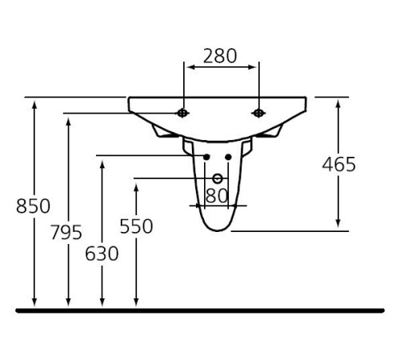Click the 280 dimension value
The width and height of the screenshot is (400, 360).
[x=220, y=56]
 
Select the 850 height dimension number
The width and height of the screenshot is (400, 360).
[x=33, y=206]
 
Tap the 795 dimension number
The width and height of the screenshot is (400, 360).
[x=66, y=233]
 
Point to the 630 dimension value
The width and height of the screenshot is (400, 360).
[x=102, y=254]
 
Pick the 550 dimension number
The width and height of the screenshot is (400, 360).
[x=136, y=226]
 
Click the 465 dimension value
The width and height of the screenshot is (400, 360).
[x=338, y=165]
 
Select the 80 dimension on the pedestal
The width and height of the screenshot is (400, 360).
[x=217, y=194]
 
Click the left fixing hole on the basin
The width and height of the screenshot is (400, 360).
[x=184, y=113]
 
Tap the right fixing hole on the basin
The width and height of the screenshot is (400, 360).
[x=258, y=113]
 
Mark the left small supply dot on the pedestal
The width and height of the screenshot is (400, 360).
[x=207, y=156]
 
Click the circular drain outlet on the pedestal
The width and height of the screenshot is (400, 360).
[x=217, y=178]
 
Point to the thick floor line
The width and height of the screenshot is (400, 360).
[x=200, y=309]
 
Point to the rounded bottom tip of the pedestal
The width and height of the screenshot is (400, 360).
[x=217, y=230]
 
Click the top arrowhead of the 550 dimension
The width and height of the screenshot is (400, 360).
[x=137, y=185]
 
